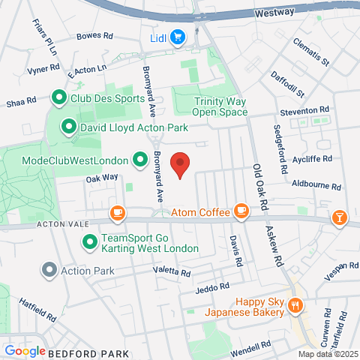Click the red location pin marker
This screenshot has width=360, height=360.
(179, 164)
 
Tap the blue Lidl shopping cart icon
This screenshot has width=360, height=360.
(178, 36)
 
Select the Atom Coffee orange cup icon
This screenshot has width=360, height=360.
(241, 213)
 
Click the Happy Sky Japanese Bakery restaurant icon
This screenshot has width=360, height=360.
(295, 304)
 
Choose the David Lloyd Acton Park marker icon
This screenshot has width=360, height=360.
(68, 127)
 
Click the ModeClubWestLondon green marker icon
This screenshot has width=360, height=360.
(139, 160)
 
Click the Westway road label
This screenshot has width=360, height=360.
(275, 13)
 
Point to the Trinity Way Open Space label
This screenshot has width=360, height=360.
(220, 106)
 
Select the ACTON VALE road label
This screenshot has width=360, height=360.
(61, 224)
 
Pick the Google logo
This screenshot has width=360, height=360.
(25, 351)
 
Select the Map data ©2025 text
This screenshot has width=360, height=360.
(328, 354)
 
